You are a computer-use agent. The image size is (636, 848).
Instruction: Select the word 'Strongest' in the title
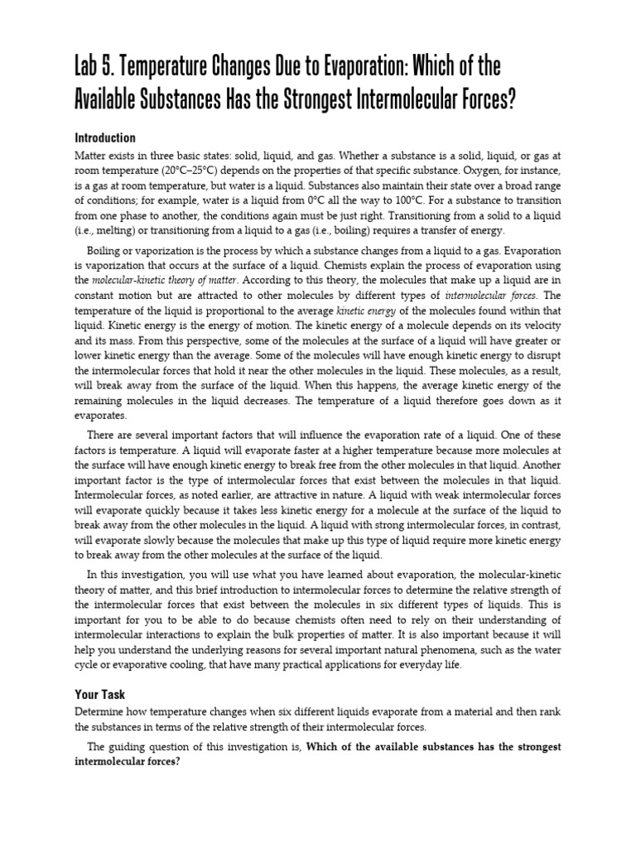pyautogui.click(x=325, y=100)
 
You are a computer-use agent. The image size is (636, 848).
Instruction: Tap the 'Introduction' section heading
pyautogui.click(x=105, y=138)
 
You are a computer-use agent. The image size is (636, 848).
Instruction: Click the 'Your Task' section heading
pyautogui.click(x=100, y=695)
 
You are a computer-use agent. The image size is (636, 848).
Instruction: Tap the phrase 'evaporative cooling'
pyautogui.click(x=161, y=665)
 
